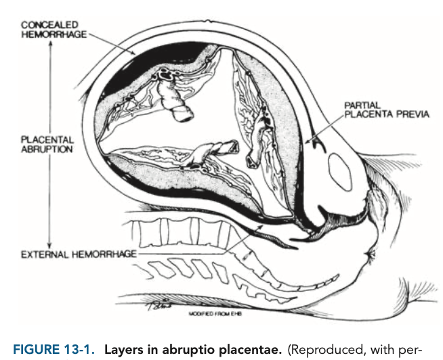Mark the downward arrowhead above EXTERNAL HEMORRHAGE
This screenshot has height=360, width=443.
[49, 244]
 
